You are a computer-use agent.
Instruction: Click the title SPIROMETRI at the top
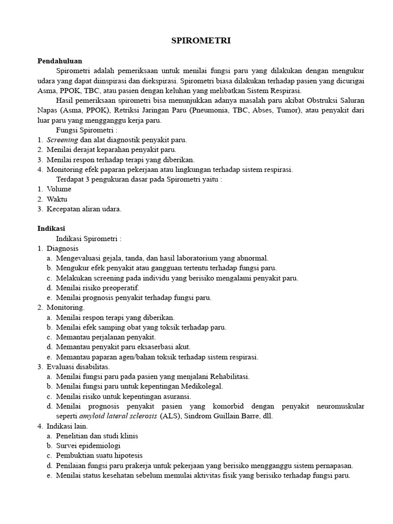201,41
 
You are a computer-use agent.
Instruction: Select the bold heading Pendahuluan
60,61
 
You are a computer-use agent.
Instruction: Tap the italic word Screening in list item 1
62,140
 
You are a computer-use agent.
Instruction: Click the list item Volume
59,189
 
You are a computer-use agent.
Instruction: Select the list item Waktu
57,199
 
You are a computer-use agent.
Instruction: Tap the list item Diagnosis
62,248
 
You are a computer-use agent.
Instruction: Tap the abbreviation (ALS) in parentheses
170,416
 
